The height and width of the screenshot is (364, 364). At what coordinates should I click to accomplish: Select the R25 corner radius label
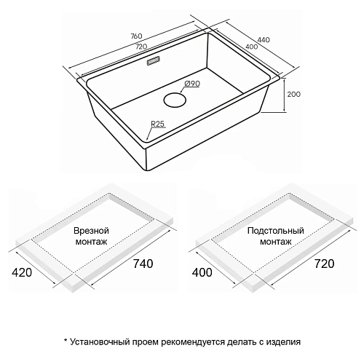[158, 124]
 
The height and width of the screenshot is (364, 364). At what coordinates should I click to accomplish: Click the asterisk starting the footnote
[66, 339]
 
